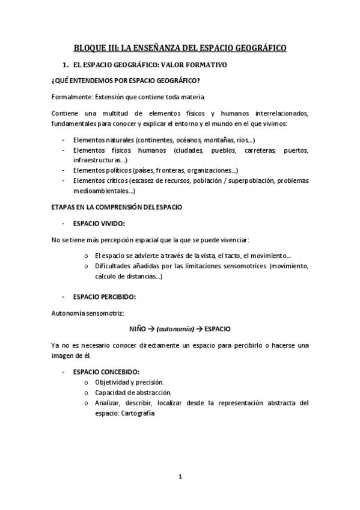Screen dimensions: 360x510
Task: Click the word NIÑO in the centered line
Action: click(x=138, y=329)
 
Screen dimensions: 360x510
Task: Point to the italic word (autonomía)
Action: click(x=175, y=329)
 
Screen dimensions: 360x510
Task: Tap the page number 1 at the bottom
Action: click(x=180, y=477)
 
